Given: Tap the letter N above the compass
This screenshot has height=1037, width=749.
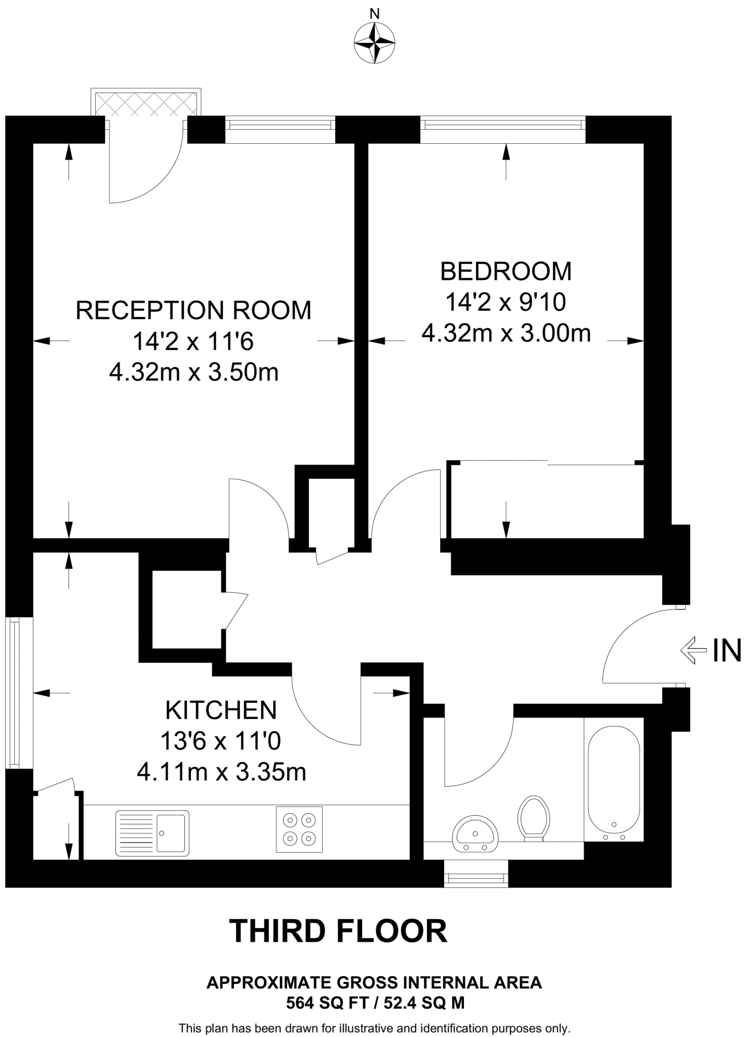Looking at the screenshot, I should point(374,14).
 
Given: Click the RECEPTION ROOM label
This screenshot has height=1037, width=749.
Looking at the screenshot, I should point(193,310).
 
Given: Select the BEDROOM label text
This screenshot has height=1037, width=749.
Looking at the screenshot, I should point(506,271).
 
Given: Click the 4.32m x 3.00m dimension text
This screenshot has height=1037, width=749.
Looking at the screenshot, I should point(506,334).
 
